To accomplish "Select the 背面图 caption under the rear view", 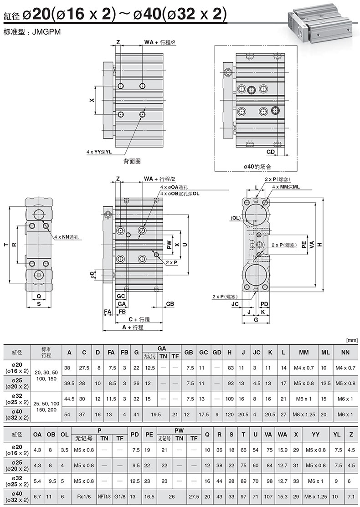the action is tap(132, 161).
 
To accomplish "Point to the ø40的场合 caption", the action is tap(257, 167).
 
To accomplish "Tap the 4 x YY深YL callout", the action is tap(99, 152).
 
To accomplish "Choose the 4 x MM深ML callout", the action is tap(286, 187).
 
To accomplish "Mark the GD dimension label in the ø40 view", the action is tap(270, 152).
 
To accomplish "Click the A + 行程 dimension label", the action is tap(133, 327).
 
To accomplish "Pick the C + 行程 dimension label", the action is tap(139, 319).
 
